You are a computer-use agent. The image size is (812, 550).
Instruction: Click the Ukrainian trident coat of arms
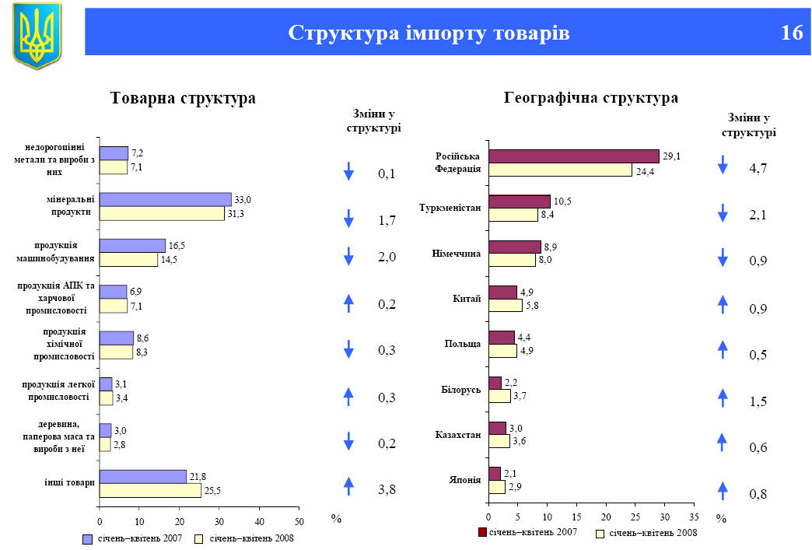click(37, 35)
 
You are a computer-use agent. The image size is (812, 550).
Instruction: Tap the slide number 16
click(792, 33)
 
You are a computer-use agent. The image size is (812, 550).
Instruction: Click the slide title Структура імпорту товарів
click(429, 33)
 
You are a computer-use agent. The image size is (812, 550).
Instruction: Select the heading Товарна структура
click(184, 99)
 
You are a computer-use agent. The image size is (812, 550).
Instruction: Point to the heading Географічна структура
click(591, 98)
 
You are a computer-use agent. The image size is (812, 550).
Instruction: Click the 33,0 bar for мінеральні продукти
click(165, 200)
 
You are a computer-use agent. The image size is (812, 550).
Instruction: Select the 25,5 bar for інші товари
click(150, 491)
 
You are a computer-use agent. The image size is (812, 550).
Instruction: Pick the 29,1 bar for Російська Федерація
click(573, 156)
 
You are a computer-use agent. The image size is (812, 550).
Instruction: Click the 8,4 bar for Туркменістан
click(513, 215)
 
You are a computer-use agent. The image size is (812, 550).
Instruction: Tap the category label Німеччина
click(456, 254)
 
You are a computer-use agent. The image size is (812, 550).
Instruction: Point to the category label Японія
click(464, 479)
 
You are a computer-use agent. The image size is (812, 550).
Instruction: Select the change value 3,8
click(387, 490)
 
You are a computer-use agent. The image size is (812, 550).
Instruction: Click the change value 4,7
click(758, 168)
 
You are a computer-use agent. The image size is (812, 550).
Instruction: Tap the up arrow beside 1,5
click(723, 398)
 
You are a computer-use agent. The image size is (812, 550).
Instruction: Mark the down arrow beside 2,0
click(348, 257)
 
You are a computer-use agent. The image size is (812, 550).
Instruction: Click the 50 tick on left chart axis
click(299, 520)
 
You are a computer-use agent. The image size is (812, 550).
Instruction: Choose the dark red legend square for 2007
click(481, 532)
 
